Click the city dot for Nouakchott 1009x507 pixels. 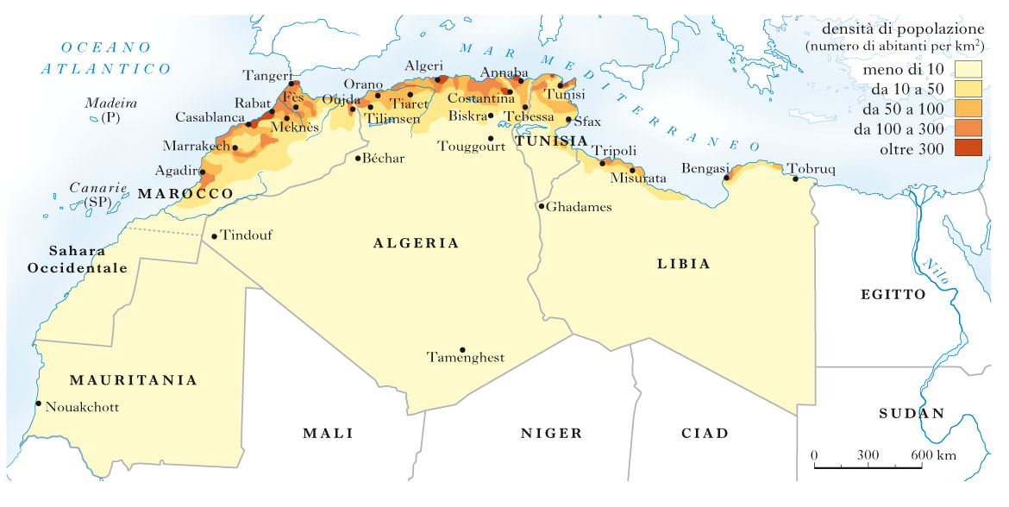click(38, 404)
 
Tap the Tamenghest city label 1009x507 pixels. click(466, 358)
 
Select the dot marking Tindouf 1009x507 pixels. click(214, 236)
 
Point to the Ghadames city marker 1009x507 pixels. click(541, 206)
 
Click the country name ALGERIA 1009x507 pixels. click(416, 244)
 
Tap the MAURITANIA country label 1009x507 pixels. click(133, 379)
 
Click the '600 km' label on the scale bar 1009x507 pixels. click(934, 454)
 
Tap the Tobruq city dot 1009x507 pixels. click(795, 179)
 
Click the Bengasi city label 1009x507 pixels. click(705, 167)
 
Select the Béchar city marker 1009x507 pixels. click(358, 158)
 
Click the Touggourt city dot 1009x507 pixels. click(490, 138)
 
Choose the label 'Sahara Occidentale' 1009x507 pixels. click(78, 260)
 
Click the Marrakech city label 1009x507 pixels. click(196, 146)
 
